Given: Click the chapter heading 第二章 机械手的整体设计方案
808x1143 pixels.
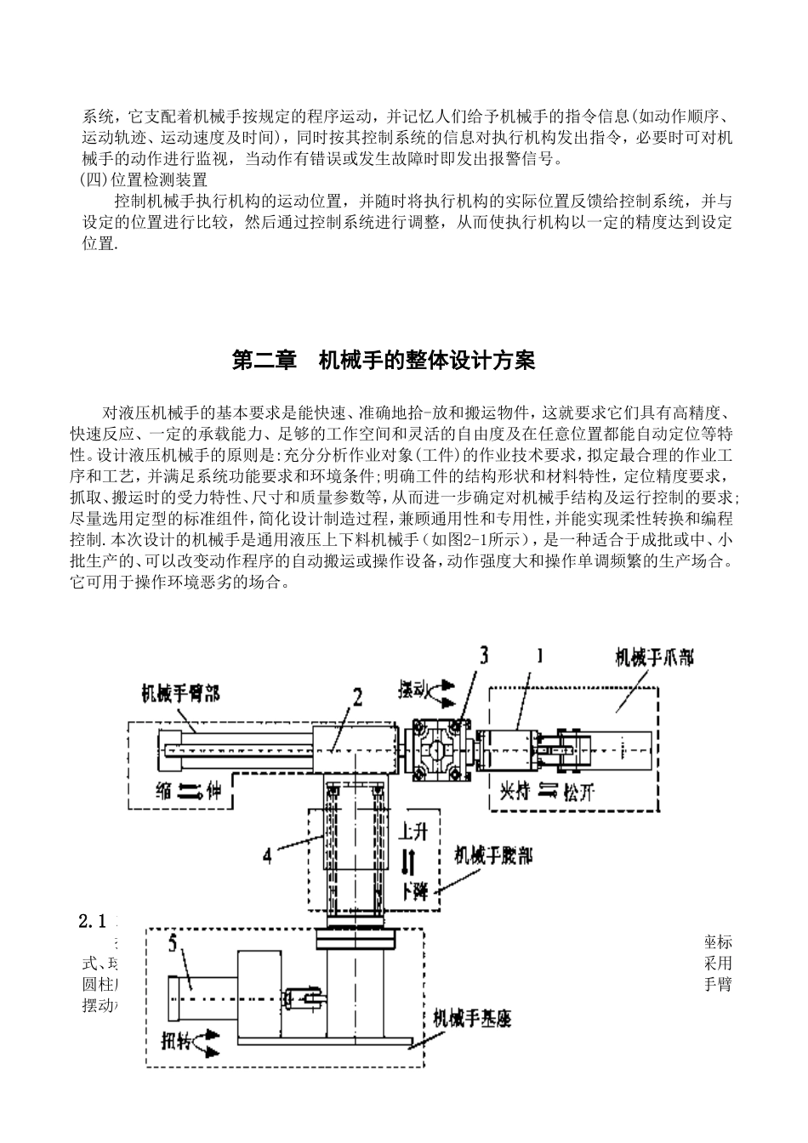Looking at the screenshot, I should pos(384,361).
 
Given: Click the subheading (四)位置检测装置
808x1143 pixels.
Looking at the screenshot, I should pos(142,179).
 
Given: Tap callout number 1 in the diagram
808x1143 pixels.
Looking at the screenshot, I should pos(538,656).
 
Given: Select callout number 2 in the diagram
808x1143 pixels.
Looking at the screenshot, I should pos(356,698).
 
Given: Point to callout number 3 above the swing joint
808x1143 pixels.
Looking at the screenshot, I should pos(483,655).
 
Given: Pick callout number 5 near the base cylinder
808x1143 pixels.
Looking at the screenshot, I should pos(174,946).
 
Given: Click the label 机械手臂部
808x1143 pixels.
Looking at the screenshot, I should pos(180,693).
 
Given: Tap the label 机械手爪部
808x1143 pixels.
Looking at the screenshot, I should pos(654,657).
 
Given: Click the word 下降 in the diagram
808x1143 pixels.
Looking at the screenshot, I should pos(415,890).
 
